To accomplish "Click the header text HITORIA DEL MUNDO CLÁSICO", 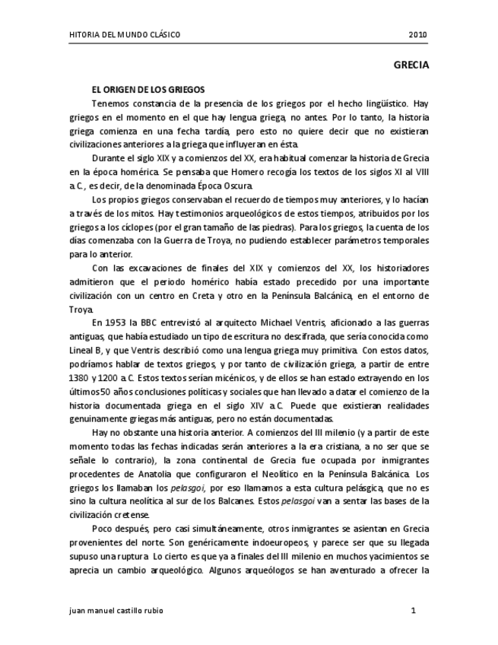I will [x=125, y=35].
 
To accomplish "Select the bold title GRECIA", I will [x=411, y=65].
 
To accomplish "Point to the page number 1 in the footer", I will [x=413, y=611].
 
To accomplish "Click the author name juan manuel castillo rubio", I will [x=115, y=611].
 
